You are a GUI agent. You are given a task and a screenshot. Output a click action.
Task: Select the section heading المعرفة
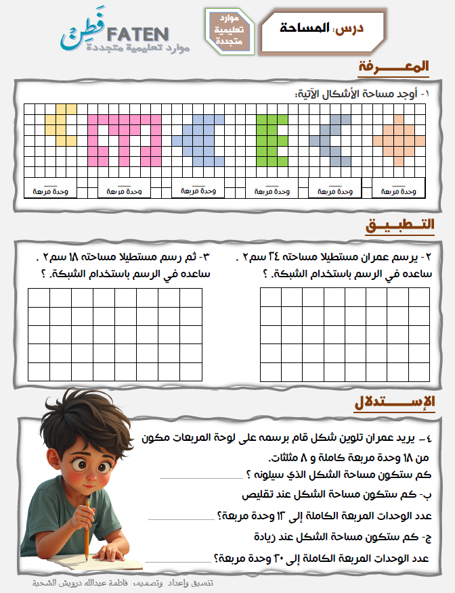pos(394,67)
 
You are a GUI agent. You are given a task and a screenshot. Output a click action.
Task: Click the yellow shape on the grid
pos(60,125)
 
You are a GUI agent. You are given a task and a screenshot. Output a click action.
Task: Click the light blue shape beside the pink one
pos(199,139)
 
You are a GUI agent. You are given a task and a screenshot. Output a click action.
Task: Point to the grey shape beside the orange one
pos(332,139)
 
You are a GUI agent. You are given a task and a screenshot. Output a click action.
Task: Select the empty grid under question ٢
pos(345,334)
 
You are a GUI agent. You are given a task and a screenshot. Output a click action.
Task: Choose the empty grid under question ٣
pos(115,334)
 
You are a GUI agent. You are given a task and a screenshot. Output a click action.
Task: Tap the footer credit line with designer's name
pos(123,583)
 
